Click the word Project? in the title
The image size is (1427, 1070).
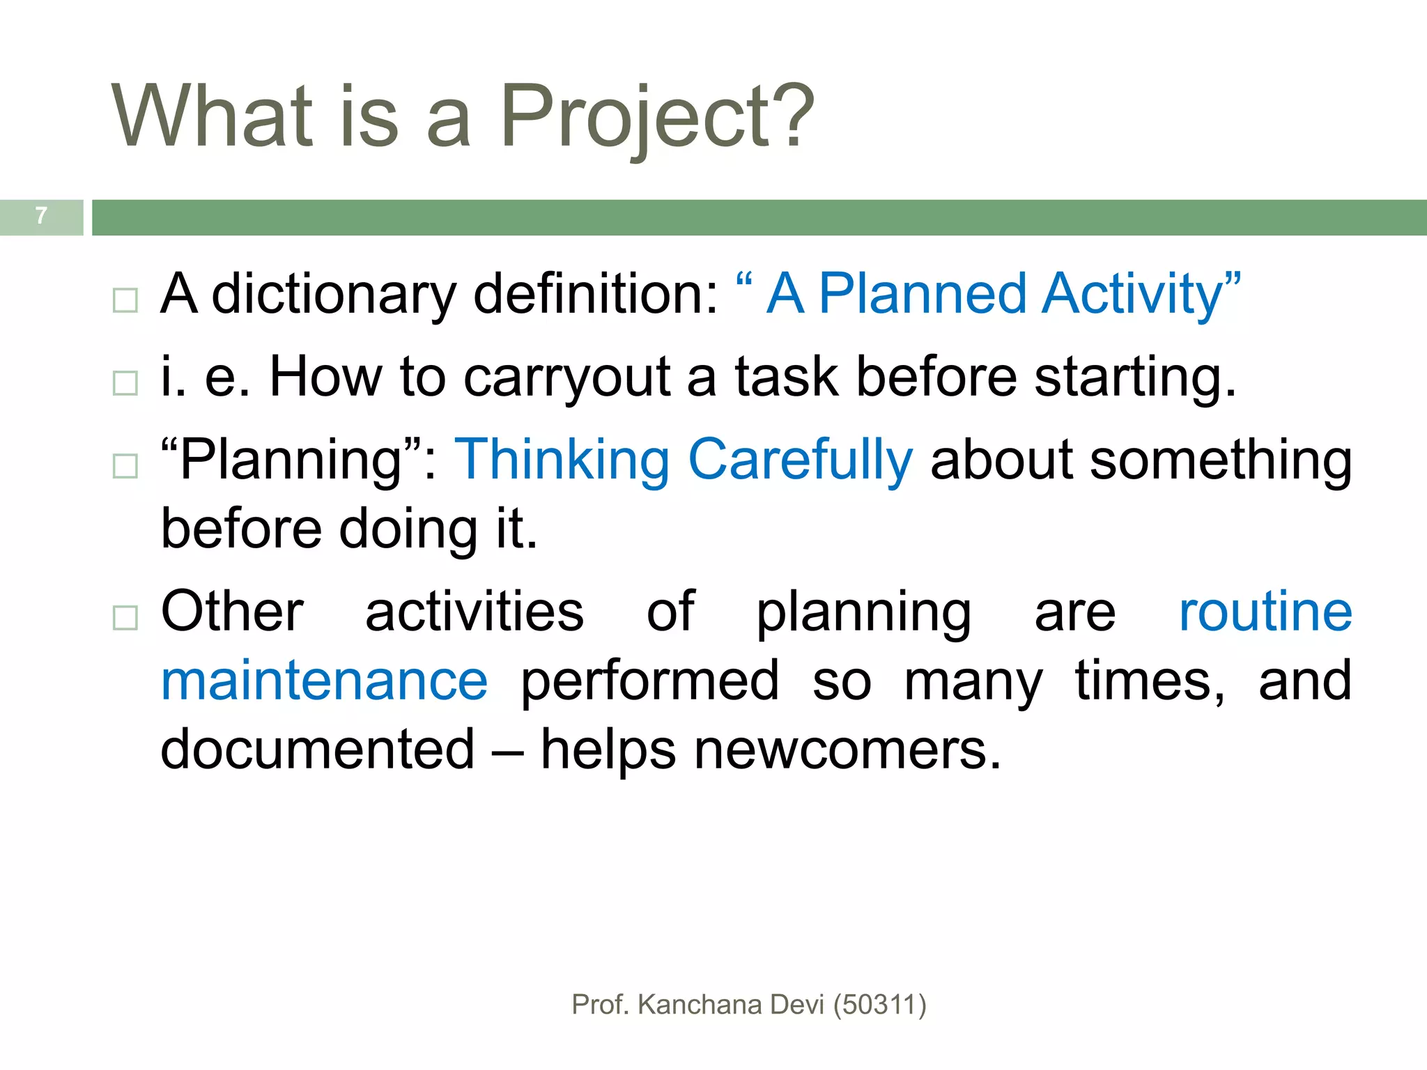656,117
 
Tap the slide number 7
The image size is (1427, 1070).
42,216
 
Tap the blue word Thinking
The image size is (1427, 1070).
562,460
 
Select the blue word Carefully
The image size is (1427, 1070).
800,460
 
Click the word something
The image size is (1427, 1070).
1221,460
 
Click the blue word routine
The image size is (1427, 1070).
1265,612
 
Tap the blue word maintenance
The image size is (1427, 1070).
325,681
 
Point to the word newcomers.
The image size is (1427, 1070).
847,750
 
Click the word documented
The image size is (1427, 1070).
318,750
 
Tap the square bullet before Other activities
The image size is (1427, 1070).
125,617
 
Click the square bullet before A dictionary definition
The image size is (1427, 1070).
125,300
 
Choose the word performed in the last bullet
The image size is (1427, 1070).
649,681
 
